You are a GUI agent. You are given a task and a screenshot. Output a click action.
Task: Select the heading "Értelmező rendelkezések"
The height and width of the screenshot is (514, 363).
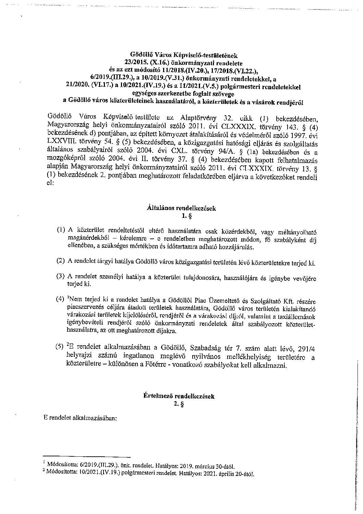click(x=179, y=396)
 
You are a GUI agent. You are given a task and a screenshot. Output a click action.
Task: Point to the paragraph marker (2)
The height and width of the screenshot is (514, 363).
click(x=61, y=261)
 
